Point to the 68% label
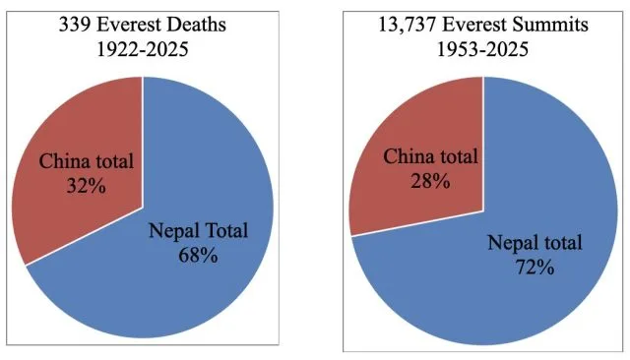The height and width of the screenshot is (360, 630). (198, 255)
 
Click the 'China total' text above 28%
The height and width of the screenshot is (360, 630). (430, 157)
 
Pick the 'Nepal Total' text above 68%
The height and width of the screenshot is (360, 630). (198, 232)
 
